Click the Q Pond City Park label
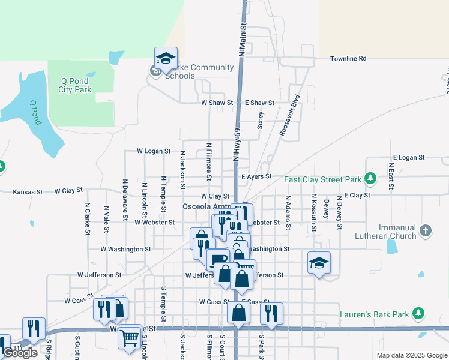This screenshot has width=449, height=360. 74,85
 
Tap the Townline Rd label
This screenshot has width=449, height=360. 348,59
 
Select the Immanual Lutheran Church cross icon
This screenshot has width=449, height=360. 426,230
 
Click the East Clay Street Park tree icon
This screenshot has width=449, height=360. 371,178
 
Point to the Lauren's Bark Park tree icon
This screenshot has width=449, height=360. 419,313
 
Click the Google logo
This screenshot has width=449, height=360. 20,353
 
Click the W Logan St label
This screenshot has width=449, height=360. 154,151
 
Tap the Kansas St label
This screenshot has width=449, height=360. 28,192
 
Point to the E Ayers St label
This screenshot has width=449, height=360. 256,176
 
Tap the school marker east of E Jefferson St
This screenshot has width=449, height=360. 319,262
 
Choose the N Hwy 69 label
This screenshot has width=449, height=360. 237,143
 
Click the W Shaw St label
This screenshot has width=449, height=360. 217,103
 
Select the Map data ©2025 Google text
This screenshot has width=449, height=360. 411,355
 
